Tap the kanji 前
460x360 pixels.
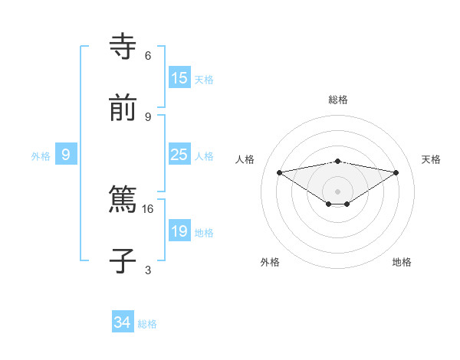(x=123, y=110)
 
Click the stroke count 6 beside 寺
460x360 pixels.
(x=148, y=55)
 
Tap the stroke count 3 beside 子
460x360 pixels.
(x=148, y=270)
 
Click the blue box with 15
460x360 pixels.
(x=179, y=78)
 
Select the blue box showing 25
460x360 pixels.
(x=179, y=155)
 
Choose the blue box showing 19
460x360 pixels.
(x=179, y=231)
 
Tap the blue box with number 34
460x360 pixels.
(x=123, y=323)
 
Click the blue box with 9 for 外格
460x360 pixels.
(x=66, y=155)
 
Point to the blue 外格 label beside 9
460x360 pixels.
(x=41, y=155)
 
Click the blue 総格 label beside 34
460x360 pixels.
(x=147, y=324)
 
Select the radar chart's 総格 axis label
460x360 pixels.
(x=338, y=100)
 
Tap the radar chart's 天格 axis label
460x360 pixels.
(x=431, y=159)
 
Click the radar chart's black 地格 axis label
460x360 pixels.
(x=402, y=262)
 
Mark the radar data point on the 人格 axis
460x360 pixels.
(x=280, y=172)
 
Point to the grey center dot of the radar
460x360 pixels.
(x=338, y=191)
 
